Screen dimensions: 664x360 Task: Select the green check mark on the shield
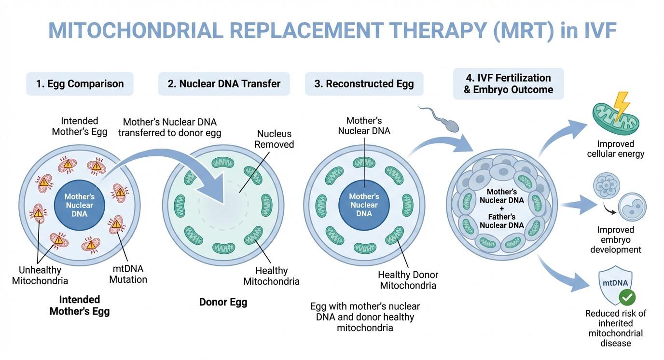pyautogui.click(x=627, y=297)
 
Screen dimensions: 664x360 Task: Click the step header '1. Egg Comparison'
pyautogui.click(x=80, y=83)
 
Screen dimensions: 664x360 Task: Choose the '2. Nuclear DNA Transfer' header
pyautogui.click(x=224, y=83)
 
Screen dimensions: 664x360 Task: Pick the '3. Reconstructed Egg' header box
pyautogui.click(x=364, y=83)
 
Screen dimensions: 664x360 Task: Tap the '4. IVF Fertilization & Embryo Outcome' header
pyautogui.click(x=509, y=83)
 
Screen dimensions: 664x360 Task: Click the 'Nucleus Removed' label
pyautogui.click(x=274, y=139)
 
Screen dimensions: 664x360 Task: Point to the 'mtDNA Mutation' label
pyautogui.click(x=128, y=274)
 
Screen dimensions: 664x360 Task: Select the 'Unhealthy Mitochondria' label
pyautogui.click(x=40, y=275)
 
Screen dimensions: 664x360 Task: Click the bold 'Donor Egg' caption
pyautogui.click(x=223, y=302)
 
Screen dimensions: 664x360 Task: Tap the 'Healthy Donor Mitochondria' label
pyautogui.click(x=408, y=280)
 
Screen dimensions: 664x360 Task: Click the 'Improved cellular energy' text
pyautogui.click(x=616, y=149)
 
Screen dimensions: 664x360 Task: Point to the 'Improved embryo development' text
pyautogui.click(x=616, y=240)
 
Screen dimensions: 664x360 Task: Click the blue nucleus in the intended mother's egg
pyautogui.click(x=80, y=205)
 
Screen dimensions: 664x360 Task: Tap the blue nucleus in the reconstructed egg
pyautogui.click(x=364, y=205)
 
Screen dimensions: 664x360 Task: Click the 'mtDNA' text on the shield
pyautogui.click(x=615, y=283)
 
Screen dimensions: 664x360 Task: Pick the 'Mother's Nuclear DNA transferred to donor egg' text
pyautogui.click(x=169, y=127)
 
